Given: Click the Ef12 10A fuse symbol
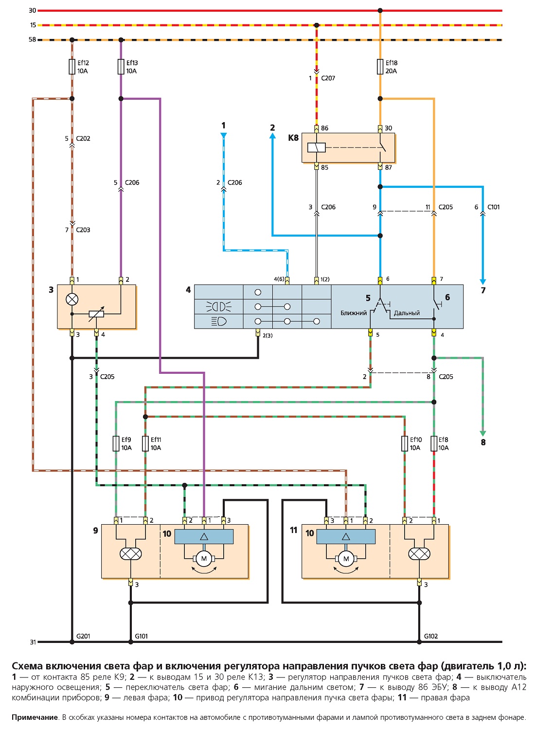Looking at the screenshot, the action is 72,67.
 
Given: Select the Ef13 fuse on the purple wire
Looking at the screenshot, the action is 121,67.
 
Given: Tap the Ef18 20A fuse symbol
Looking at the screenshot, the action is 380,67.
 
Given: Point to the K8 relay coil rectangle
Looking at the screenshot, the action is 316,147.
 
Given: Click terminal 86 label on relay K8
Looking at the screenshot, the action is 324,128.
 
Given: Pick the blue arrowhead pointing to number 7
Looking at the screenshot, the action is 483,282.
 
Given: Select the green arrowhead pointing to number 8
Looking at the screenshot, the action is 483,434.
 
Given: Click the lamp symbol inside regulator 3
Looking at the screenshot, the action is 72,299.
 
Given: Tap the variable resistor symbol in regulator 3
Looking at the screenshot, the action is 96,314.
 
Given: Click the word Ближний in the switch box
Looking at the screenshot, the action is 354,313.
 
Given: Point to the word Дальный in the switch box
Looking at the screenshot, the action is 407,313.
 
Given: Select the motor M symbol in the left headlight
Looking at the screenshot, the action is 204,558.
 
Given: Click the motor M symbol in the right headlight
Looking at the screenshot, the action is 346,558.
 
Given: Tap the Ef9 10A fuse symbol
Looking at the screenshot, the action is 116,443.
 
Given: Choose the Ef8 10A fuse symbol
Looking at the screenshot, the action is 434,443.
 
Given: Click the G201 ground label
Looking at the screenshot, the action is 83,636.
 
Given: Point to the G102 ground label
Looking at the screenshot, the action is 431,636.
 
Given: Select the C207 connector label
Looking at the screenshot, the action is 328,78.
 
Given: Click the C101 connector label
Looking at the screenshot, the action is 493,207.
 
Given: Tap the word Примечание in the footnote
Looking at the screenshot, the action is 35,717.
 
